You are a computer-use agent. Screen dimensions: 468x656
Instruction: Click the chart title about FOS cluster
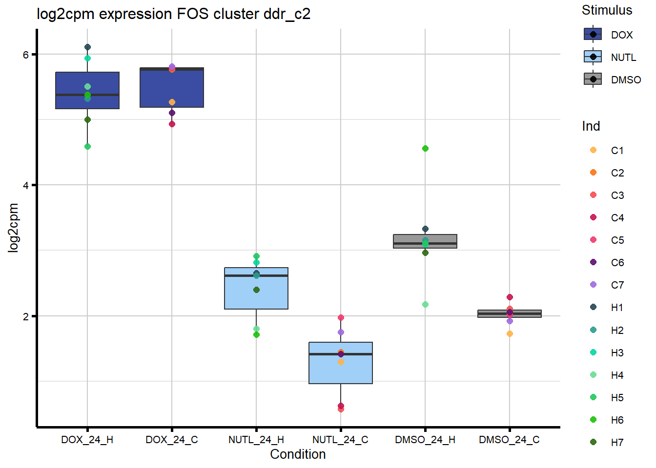point(173,14)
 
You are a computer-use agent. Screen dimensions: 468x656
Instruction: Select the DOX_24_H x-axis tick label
point(87,440)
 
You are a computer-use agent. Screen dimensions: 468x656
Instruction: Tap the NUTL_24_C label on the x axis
point(340,440)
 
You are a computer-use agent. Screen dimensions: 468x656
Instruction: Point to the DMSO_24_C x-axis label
point(509,440)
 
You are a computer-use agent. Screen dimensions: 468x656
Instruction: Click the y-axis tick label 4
point(26,185)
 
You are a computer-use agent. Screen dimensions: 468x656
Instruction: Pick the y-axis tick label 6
point(26,55)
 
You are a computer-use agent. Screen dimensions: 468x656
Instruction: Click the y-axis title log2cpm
point(13,228)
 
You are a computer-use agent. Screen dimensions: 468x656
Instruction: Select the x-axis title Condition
point(298,454)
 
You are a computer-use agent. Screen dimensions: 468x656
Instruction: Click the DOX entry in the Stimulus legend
point(621,35)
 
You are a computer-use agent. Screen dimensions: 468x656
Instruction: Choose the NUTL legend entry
point(623,58)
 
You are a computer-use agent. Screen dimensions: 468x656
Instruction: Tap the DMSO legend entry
point(626,80)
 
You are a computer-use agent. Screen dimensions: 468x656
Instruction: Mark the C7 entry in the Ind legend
point(617,285)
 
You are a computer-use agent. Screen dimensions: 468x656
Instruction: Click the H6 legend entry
point(617,420)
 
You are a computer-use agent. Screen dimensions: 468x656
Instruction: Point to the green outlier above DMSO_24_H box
point(425,149)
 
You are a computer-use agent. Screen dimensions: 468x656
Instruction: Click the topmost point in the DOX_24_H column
point(87,47)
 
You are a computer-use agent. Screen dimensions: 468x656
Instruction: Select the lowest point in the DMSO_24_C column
point(510,334)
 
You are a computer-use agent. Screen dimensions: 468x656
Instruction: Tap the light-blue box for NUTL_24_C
point(341,370)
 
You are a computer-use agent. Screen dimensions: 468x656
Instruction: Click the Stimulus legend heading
point(607,10)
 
